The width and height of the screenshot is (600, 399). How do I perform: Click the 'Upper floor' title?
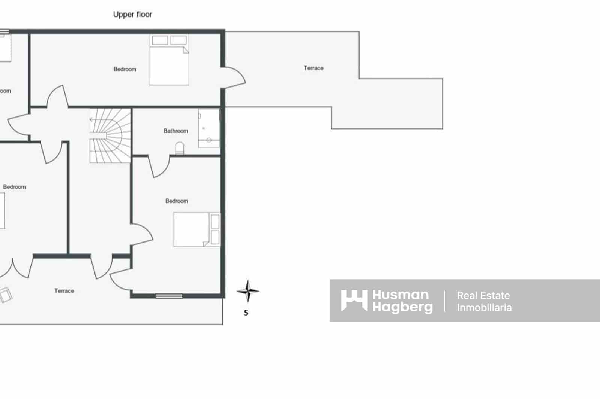click(x=132, y=15)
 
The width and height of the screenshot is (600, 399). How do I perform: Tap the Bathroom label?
click(x=175, y=131)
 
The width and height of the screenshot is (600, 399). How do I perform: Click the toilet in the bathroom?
click(x=180, y=149)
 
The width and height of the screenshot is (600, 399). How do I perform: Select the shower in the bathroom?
click(x=209, y=128)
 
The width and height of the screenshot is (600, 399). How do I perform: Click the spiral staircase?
click(x=110, y=135)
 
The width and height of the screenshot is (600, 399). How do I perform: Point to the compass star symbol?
click(x=247, y=291)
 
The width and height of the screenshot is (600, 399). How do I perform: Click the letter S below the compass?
click(x=246, y=313)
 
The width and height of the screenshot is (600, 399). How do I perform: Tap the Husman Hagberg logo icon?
click(x=354, y=301)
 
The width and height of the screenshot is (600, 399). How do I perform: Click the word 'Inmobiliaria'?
click(x=484, y=308)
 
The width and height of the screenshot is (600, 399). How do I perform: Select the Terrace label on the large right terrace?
click(x=313, y=68)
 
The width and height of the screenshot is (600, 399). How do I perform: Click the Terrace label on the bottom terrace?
click(x=64, y=291)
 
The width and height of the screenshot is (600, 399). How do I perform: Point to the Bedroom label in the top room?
click(x=125, y=69)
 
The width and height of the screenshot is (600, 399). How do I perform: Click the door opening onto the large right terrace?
click(x=234, y=78)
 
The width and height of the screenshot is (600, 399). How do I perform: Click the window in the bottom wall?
click(x=169, y=296)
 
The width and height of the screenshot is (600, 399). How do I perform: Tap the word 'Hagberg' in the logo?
click(x=402, y=307)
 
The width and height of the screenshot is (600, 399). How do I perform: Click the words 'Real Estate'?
click(x=483, y=295)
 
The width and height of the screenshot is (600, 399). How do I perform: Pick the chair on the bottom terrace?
click(x=6, y=295)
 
